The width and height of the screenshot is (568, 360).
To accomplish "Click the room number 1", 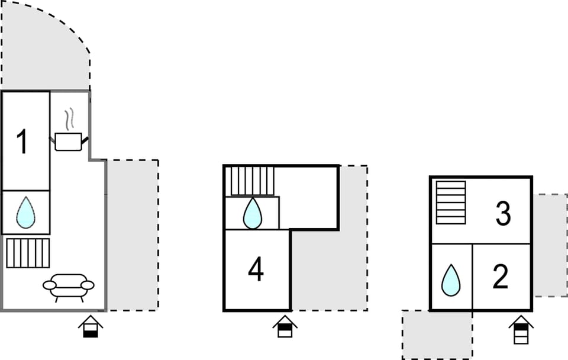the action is point(22,142).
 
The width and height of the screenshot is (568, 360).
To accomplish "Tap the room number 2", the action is point(501,277).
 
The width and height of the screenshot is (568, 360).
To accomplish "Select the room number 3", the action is point(503,214).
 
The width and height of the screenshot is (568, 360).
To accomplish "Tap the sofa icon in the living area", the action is point(69,288).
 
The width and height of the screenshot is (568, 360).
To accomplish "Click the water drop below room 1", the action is point(26,213).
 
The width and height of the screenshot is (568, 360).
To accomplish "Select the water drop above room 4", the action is point(253,214).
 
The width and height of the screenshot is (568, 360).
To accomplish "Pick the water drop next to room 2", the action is point(451,280).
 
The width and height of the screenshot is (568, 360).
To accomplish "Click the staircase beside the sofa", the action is point(28,253).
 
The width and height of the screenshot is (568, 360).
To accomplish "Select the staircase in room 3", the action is point(451,202).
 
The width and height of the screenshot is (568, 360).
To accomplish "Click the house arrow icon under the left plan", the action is point(91,326).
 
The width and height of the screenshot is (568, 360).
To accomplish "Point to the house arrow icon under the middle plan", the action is point(285,326).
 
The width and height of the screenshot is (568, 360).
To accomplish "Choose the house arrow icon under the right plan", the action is point(521,330).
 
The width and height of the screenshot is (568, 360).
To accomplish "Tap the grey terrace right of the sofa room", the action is point(133,235).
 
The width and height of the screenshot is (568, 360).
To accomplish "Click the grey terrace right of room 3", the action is point(550,246).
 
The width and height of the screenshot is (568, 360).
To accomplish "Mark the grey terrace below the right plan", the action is point(437,335).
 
